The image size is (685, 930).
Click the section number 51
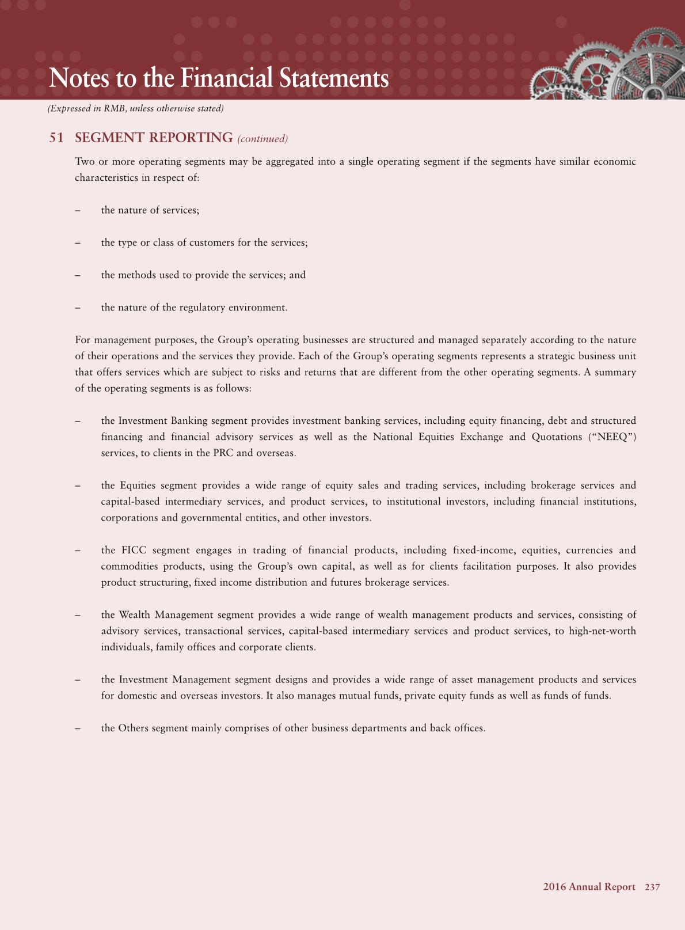tap(56, 138)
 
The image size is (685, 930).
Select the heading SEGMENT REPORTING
tap(154, 138)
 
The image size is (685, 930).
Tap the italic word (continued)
tap(262, 139)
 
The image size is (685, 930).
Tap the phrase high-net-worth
tap(602, 631)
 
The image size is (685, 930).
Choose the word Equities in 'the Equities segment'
tap(135, 485)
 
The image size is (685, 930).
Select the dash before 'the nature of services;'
tap(77, 210)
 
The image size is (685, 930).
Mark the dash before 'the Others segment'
tap(77, 728)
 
